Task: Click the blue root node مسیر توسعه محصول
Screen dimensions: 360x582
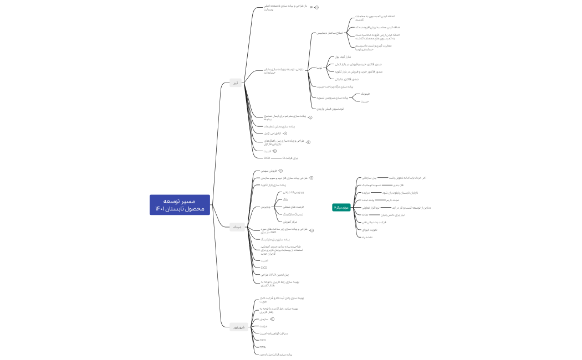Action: (180, 205)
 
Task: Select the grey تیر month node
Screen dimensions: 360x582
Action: (236, 83)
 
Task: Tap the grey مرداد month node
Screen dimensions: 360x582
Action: (237, 227)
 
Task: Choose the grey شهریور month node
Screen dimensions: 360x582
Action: (238, 327)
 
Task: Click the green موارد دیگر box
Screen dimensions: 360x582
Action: (341, 207)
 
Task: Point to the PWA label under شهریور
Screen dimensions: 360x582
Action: (263, 347)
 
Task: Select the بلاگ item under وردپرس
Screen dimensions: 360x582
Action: (285, 199)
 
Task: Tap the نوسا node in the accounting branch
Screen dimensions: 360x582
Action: (319, 68)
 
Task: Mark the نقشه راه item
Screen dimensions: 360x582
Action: (367, 236)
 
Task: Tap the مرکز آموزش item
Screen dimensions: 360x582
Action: (290, 220)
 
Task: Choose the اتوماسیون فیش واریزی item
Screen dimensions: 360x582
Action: (331, 109)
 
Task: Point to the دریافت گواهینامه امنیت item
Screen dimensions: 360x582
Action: (274, 333)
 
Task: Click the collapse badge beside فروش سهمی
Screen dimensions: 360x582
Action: (280, 171)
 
